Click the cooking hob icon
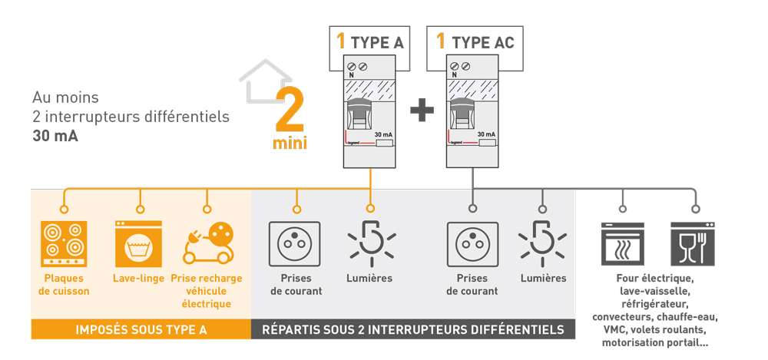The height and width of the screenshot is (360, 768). (x=64, y=243)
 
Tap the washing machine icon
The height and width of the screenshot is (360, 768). (x=138, y=243)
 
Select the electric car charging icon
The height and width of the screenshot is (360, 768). (x=207, y=243)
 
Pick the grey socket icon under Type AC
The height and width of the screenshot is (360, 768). (x=472, y=243)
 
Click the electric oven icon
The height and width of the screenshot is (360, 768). (x=622, y=243)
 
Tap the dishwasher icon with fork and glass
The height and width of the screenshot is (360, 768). (x=694, y=243)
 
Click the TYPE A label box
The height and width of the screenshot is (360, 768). (x=370, y=41)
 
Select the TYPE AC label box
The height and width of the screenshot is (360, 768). (x=475, y=41)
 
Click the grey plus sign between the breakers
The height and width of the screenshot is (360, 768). (x=422, y=112)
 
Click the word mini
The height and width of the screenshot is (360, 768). (x=290, y=144)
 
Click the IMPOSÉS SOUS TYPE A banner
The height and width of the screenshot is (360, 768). (x=141, y=330)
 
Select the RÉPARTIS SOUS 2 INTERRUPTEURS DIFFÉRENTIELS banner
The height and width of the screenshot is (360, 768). (x=413, y=330)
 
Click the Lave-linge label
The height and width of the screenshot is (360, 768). (x=138, y=278)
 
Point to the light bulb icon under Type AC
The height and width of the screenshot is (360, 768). (x=543, y=241)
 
